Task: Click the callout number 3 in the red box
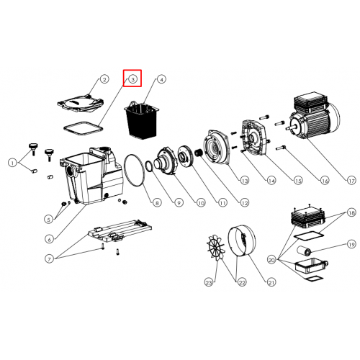point(132,79)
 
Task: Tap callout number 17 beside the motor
point(351,180)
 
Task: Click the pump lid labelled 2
point(81,104)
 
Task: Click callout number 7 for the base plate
point(49,259)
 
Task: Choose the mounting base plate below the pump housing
point(120,232)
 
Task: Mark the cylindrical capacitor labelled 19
point(304,251)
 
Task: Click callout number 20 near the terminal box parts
point(271,260)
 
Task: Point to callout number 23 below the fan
point(209,282)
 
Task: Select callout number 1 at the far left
point(12,163)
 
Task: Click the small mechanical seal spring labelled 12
point(198,153)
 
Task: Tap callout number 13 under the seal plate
point(244,181)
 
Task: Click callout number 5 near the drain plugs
point(49,220)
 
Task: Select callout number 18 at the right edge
point(351,213)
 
